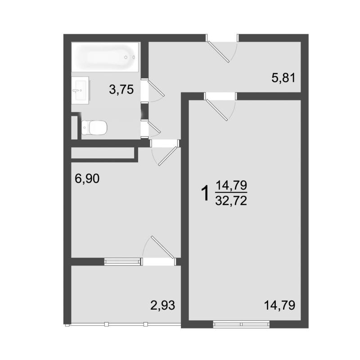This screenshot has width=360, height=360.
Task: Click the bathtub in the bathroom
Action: (x=106, y=57)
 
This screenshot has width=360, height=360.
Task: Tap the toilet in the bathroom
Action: (x=94, y=128)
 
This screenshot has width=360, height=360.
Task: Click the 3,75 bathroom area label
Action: (x=121, y=90)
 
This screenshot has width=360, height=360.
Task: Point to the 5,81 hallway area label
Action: (x=283, y=78)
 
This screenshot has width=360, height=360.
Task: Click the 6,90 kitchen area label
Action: (x=87, y=179)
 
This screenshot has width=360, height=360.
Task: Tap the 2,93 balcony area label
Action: (x=162, y=306)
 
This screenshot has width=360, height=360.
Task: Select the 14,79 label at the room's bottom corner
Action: (x=279, y=306)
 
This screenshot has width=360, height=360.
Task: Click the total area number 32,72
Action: (x=231, y=201)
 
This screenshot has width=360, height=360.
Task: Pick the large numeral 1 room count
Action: (x=205, y=193)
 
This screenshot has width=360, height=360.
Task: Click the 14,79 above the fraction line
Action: (x=231, y=185)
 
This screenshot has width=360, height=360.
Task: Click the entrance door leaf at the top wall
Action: (x=218, y=52)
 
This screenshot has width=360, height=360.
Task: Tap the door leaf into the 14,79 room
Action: (x=217, y=110)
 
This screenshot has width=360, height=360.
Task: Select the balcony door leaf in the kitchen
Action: (x=162, y=247)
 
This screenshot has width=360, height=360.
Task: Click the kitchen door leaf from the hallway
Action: (x=167, y=156)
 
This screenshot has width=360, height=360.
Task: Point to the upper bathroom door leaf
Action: (x=156, y=88)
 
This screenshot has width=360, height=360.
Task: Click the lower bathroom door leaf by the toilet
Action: (x=154, y=127)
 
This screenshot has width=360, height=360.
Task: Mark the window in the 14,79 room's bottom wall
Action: (x=241, y=324)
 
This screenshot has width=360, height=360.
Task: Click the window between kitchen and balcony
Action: (x=122, y=261)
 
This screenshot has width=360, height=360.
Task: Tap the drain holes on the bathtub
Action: (x=130, y=57)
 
